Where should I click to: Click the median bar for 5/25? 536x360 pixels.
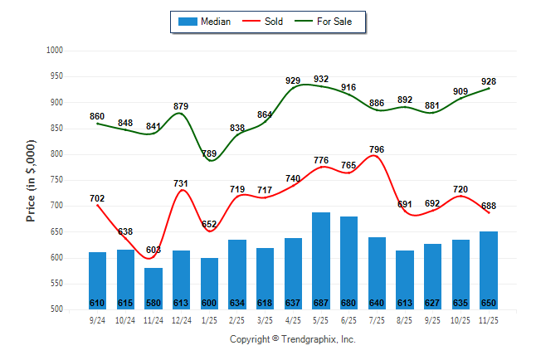(321, 260)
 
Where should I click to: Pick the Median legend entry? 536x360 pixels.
(205, 22)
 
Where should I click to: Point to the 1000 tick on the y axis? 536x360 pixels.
(56, 51)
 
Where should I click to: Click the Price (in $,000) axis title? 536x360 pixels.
(32, 179)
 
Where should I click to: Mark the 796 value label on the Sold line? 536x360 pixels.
(377, 149)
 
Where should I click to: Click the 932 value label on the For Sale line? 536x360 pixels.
(321, 79)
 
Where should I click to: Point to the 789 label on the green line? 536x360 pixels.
(209, 153)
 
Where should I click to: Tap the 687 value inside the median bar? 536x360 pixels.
(321, 302)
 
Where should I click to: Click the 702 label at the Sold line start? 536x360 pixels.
(97, 198)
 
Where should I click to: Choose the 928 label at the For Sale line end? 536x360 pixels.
(489, 81)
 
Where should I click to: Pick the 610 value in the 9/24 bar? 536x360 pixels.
(97, 302)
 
